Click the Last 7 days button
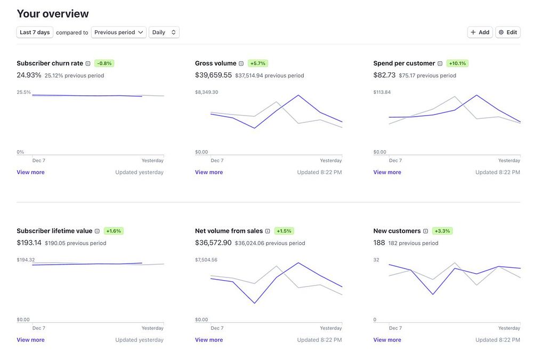pos(35,32)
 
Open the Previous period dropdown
pos(119,32)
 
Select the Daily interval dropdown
pos(164,32)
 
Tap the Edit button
pos(508,32)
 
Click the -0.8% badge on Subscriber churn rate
pos(104,63)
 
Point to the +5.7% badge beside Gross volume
pos(257,63)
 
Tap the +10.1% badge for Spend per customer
pos(457,63)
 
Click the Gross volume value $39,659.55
pos(213,75)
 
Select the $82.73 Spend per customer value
pos(384,75)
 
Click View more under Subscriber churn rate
pos(30,173)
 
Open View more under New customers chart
pos(387,340)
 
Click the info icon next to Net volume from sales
pos(268,231)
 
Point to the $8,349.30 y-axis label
pos(206,92)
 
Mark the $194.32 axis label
pos(26,260)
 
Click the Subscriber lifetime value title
pos(54,231)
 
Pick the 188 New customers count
pos(379,243)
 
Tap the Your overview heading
pos(53,14)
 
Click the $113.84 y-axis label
pos(382,92)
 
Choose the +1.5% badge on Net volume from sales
pos(284,231)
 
